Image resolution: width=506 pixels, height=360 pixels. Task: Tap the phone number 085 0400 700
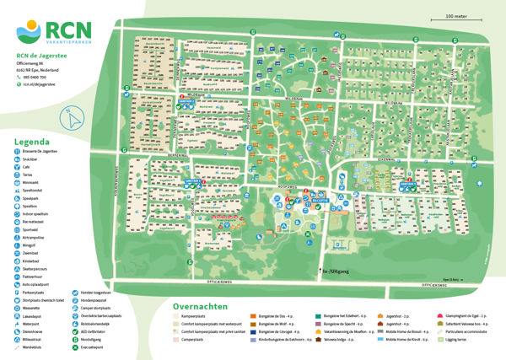coord(37,77)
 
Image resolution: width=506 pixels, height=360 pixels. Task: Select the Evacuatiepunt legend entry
coord(122,347)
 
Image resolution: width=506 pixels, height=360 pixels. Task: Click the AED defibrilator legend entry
coord(126,331)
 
